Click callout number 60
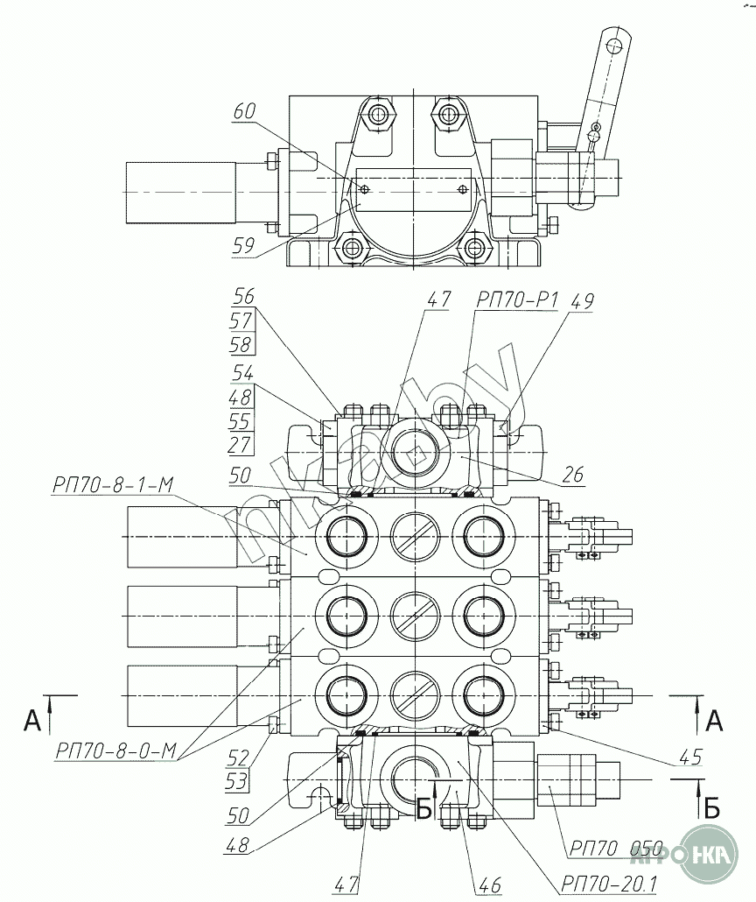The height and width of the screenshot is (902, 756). click(x=244, y=111)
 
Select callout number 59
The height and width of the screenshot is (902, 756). click(x=243, y=245)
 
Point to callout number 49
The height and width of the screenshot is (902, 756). click(x=583, y=301)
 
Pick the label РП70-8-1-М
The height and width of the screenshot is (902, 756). click(x=113, y=485)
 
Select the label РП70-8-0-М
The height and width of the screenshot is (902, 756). click(x=115, y=750)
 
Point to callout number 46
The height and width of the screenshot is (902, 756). click(x=490, y=884)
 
